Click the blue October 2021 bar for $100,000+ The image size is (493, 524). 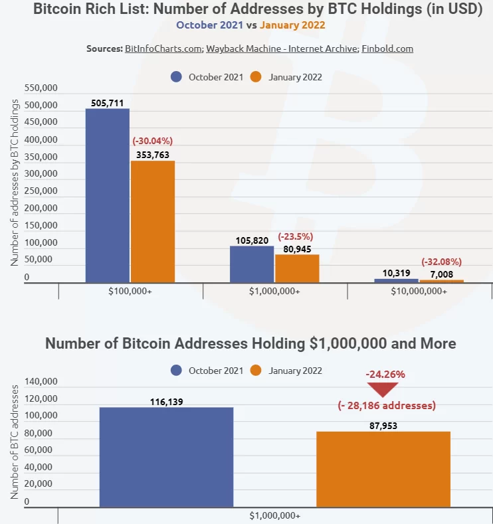[x=107, y=196]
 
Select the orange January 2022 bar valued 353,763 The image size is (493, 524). [x=152, y=222]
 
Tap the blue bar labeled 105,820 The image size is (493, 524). [x=252, y=264]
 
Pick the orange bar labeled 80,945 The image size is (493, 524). [x=297, y=268]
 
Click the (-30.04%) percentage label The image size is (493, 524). [x=153, y=141]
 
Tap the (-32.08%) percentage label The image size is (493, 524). [x=442, y=262]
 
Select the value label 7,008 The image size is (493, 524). [x=442, y=273]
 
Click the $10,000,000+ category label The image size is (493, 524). [x=419, y=291]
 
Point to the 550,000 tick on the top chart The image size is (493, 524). [x=41, y=88]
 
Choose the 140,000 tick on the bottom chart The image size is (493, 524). [x=41, y=382]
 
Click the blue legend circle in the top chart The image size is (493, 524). [x=176, y=76]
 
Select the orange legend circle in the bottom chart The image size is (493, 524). [x=256, y=370]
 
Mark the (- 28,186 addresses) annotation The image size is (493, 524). [x=386, y=405]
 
